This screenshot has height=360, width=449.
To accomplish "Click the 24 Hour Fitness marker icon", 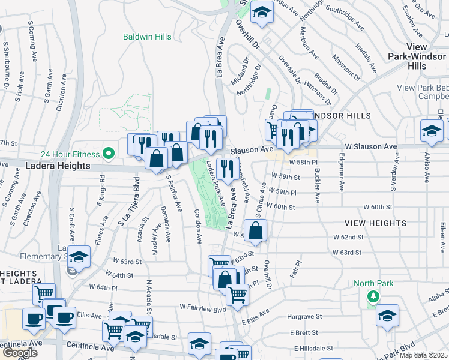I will coord(109,154).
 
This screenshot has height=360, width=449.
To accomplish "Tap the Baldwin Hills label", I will coord(147,37).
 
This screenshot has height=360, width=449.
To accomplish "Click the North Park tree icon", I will coord(373,296).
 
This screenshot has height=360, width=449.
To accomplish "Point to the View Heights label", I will coord(375,223).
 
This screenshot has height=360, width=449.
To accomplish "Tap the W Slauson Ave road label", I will coord(371,146).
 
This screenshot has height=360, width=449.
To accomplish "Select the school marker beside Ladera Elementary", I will coord(78,257).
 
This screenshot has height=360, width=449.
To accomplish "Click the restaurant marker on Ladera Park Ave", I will coord(227,170).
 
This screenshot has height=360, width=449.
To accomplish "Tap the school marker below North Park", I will coord(387,315).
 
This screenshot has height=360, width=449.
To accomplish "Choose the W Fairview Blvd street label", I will coord(202,308).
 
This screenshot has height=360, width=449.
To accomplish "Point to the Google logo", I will coord(20,352).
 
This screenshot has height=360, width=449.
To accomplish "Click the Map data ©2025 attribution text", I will coord(424,355).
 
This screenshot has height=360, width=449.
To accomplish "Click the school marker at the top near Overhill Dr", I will coord(261,13).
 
